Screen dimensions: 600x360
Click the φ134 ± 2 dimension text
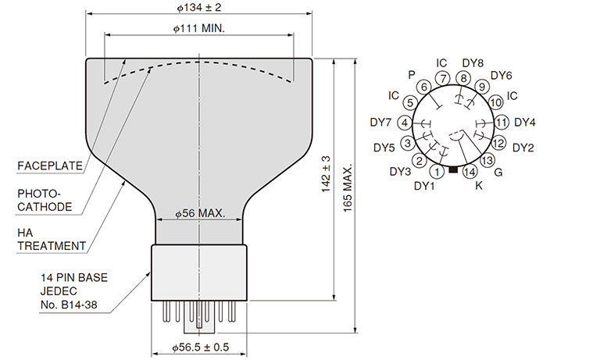[199, 7]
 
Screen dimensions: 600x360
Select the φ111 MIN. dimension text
[199, 28]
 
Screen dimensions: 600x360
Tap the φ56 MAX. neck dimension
[200, 213]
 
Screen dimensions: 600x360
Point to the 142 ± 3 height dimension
[326, 174]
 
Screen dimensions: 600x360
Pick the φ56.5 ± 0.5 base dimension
[200, 347]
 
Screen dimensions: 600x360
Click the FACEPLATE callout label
[50, 166]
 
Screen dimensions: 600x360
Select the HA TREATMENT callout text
[52, 239]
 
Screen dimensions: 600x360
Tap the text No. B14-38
[69, 305]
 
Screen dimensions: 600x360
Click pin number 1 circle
[437, 170]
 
